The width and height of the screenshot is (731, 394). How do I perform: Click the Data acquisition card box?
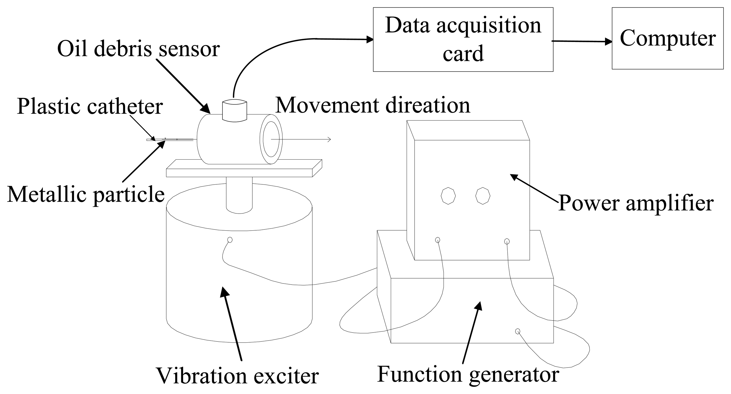coord(463,39)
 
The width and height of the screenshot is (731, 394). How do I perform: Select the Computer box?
coord(668,38)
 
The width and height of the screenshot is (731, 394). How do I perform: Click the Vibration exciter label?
coord(237,375)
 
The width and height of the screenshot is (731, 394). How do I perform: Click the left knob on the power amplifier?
coord(448,196)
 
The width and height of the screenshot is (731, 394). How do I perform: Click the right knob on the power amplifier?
coord(483,196)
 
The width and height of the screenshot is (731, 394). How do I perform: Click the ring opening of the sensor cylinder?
coord(271,139)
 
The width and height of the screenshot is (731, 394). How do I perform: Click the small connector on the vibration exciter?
coord(230,240)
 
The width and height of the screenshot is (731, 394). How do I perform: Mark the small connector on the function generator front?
coord(517,331)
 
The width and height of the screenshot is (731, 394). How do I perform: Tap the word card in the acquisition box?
coord(463,54)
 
